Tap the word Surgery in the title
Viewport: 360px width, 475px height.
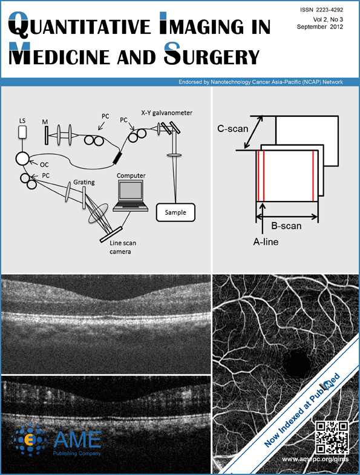(212, 54)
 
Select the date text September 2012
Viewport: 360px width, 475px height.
(320, 27)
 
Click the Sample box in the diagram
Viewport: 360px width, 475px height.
(175, 212)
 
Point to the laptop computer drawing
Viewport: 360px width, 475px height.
(131, 195)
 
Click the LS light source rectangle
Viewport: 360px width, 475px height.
(22, 132)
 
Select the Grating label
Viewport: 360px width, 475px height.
(84, 182)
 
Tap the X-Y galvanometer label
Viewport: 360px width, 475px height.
(166, 113)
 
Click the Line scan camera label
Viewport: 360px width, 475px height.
(123, 247)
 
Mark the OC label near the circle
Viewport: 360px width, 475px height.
(44, 165)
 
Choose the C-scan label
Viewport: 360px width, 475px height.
(233, 129)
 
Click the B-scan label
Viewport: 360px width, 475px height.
(286, 226)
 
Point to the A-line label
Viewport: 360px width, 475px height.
(266, 242)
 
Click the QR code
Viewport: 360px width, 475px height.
(332, 437)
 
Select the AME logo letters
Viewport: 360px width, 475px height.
(77, 439)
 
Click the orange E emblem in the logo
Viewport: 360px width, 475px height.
(30, 440)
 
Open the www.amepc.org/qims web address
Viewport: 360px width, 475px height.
(315, 459)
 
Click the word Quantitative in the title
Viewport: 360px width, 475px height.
(79, 24)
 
